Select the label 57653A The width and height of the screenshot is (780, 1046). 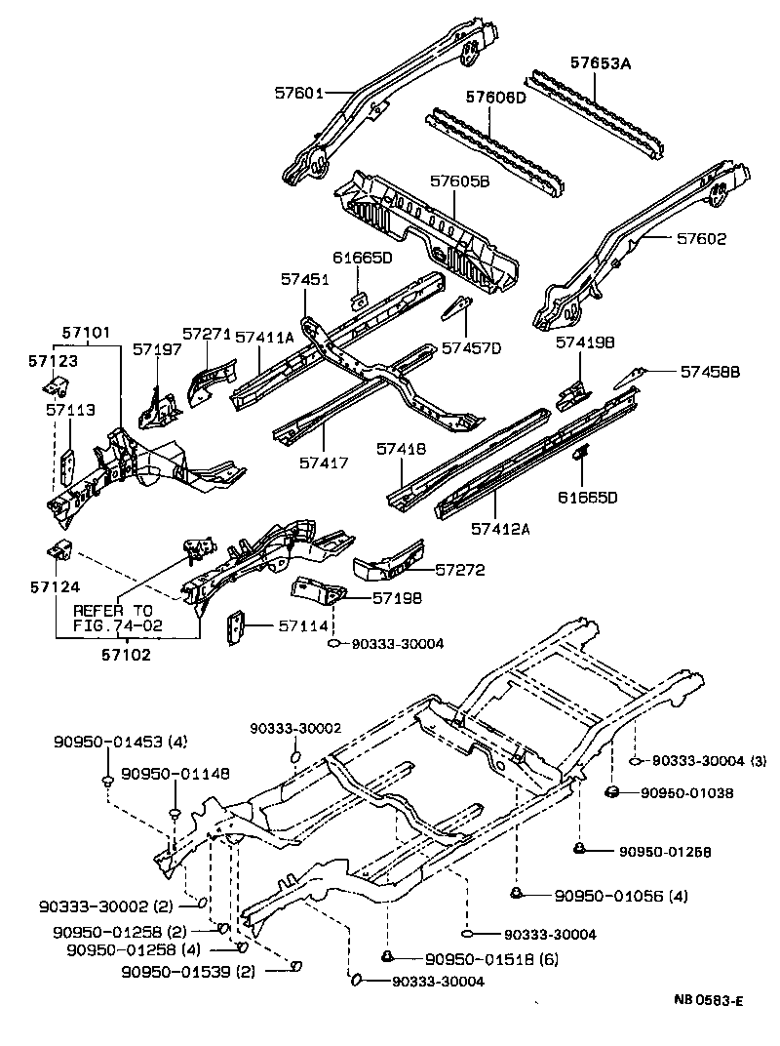click(x=601, y=63)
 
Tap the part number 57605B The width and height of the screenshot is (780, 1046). click(x=461, y=181)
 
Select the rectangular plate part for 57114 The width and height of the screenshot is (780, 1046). click(x=235, y=627)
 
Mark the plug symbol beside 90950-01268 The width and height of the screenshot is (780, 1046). click(x=579, y=849)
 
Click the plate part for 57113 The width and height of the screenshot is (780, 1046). click(x=69, y=467)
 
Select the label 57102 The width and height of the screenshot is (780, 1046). click(x=126, y=655)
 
